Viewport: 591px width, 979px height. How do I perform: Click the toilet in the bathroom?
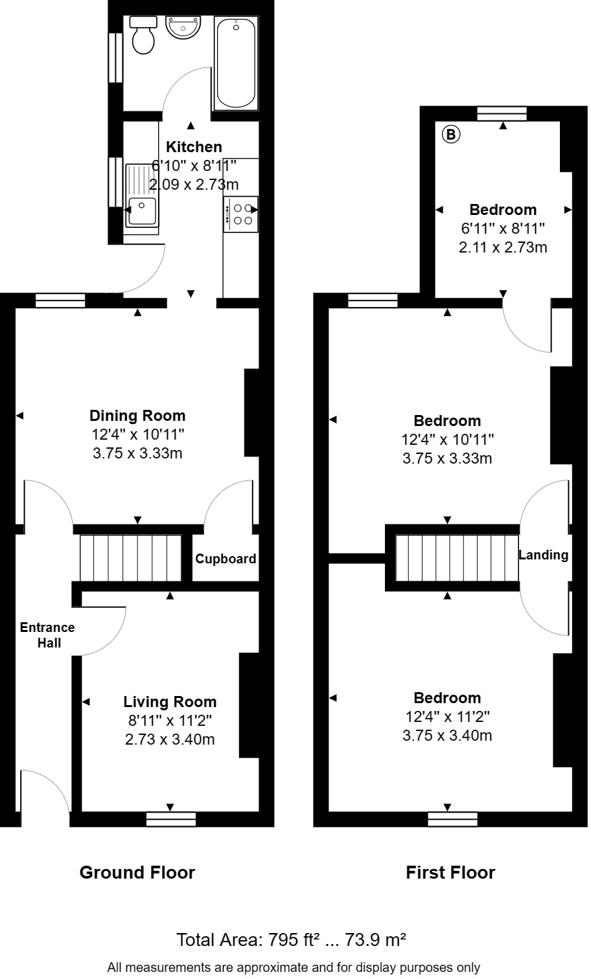143,36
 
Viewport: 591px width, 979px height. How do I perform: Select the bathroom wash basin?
184,28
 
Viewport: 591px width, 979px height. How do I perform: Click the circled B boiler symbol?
451,135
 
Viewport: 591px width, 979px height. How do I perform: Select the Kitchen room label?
194,147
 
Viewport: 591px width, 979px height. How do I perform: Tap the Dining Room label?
137,416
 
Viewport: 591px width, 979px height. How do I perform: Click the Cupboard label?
226,559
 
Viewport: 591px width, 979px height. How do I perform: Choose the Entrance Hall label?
47,635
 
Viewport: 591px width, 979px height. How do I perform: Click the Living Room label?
170,702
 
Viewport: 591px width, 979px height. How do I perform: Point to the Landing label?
543,555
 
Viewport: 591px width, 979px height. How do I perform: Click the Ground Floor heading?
137,872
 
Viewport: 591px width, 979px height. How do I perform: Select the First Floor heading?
450,872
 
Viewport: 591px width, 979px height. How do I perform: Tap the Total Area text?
292,939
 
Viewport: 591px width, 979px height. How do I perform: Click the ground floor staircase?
130,557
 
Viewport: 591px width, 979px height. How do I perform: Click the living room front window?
170,819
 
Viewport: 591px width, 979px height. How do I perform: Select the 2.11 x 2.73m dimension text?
503,247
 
